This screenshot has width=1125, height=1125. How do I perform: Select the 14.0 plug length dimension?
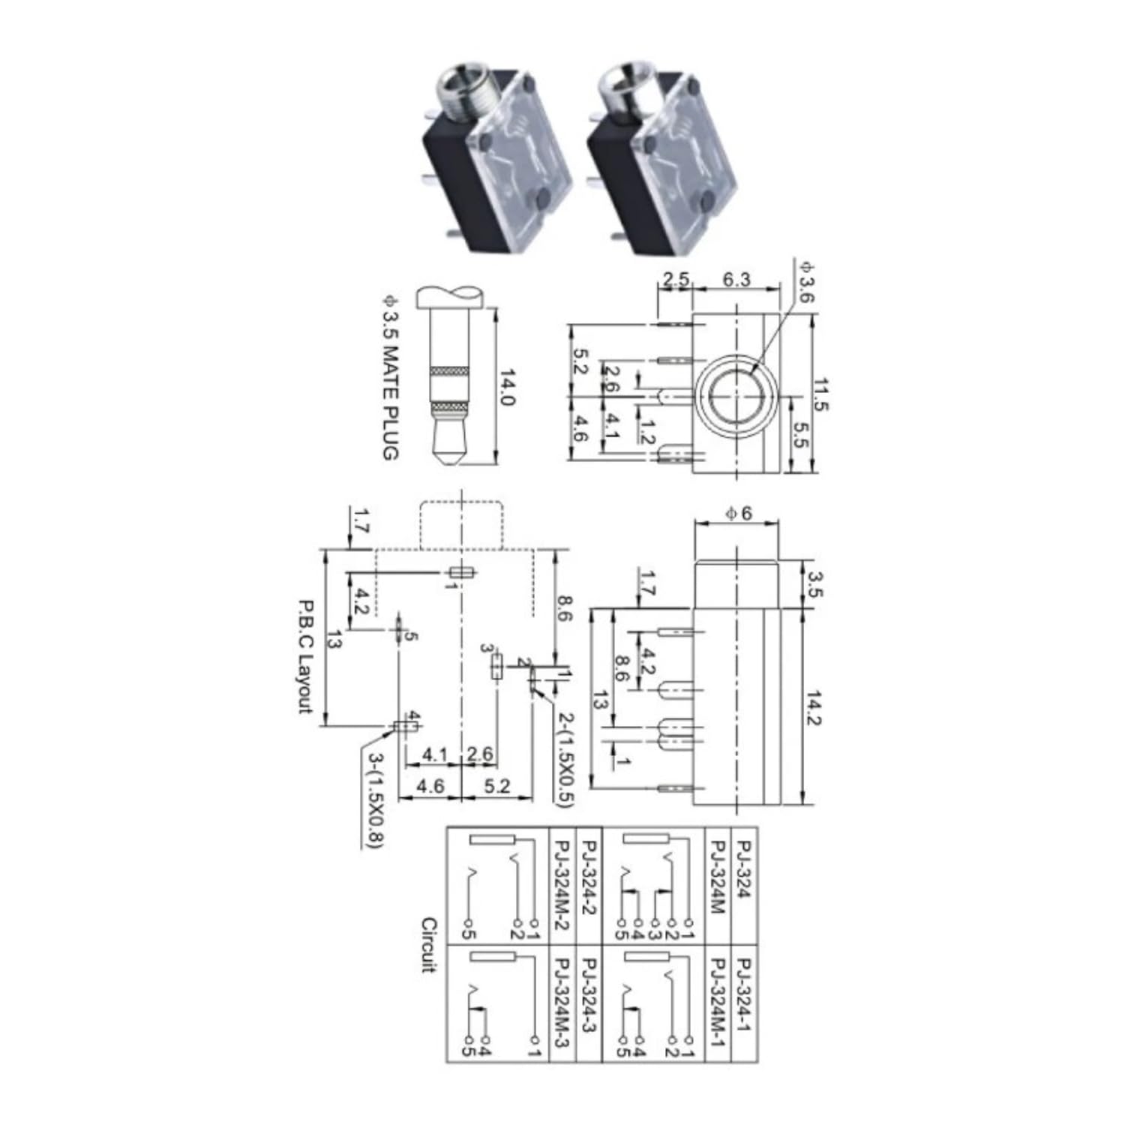coord(508,387)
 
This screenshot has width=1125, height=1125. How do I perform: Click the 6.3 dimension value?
coord(736,279)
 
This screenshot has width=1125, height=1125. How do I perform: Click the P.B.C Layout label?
coord(305,655)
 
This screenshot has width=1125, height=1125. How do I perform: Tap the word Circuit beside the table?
coord(428,944)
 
